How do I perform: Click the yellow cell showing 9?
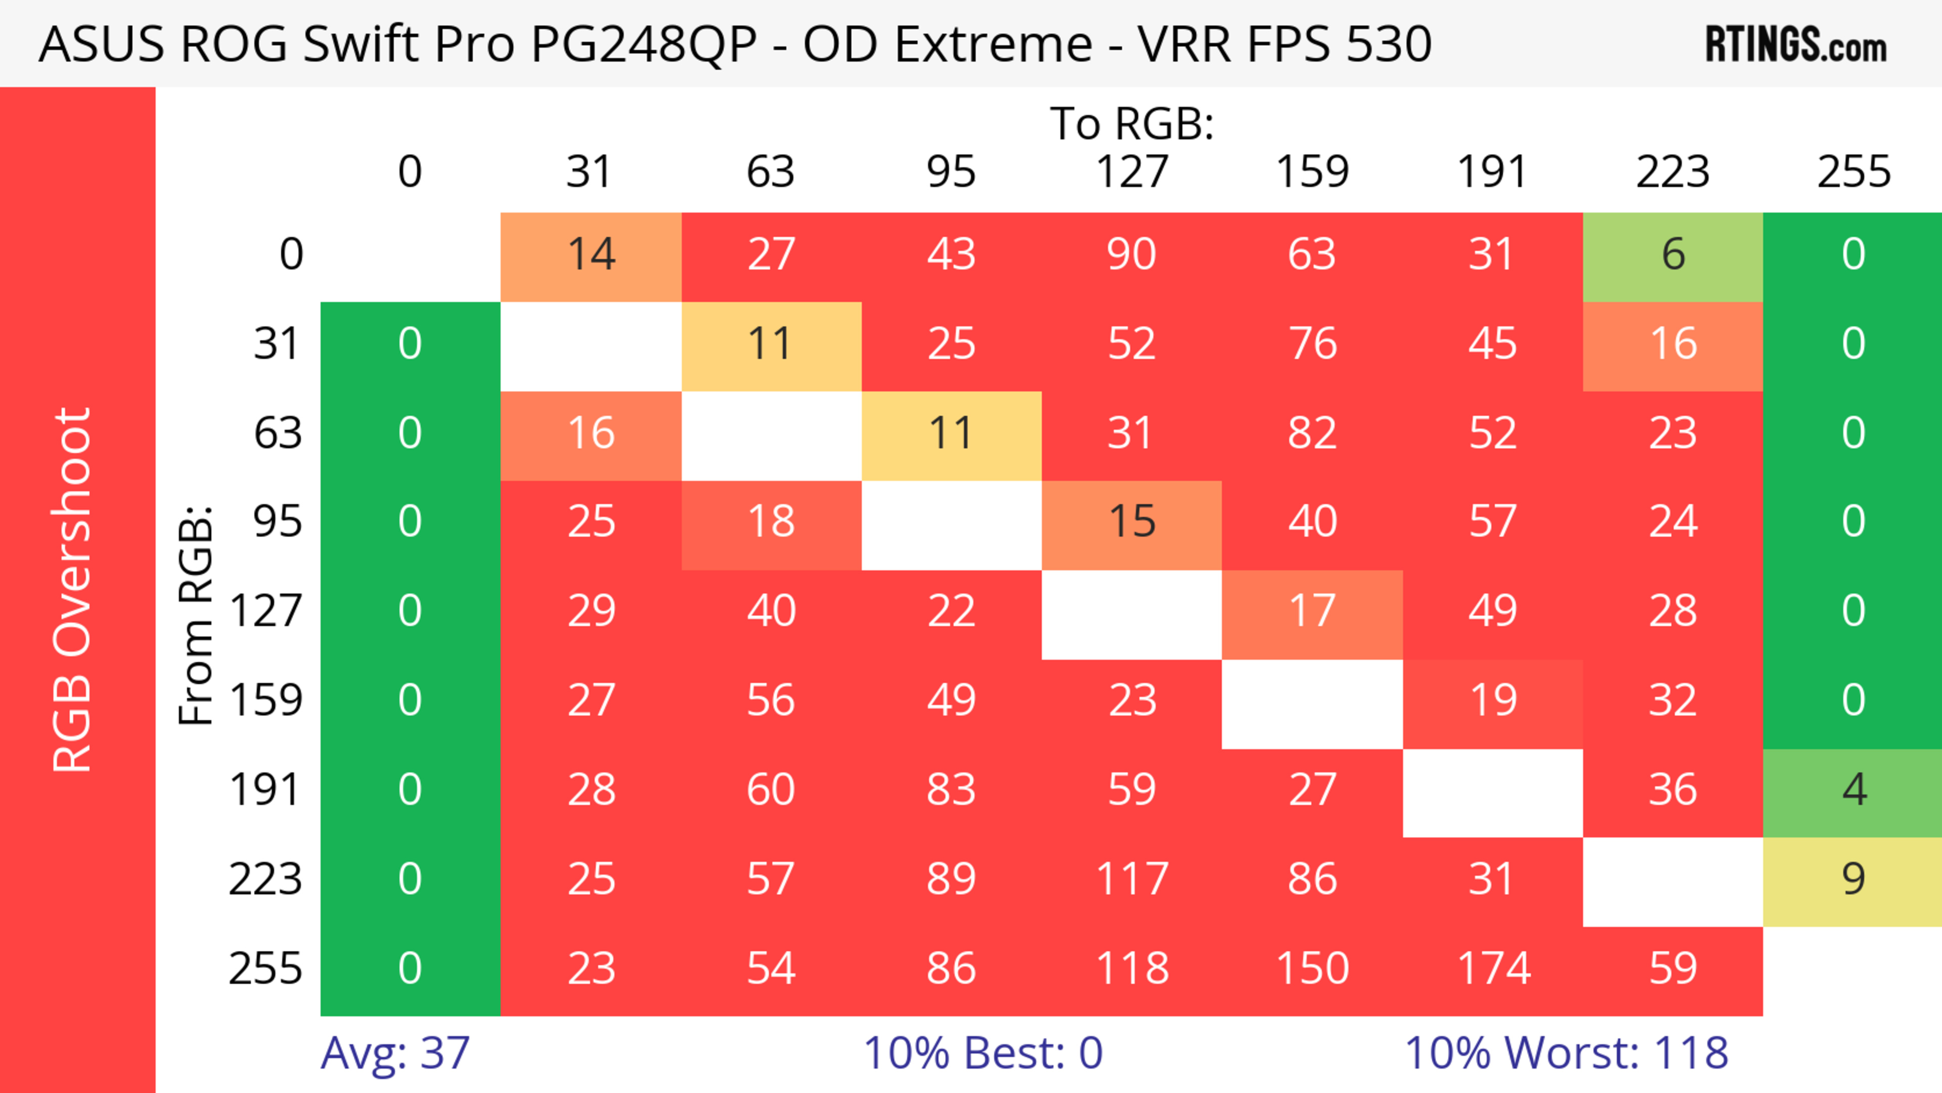pyautogui.click(x=1853, y=880)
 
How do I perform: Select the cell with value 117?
pyautogui.click(x=1132, y=880)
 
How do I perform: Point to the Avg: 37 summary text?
pyautogui.click(x=394, y=1053)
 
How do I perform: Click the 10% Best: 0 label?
pyautogui.click(x=982, y=1053)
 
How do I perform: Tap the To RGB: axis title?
pyautogui.click(x=1132, y=123)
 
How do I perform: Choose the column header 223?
pyautogui.click(x=1673, y=172)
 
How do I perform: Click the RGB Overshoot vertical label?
pyautogui.click(x=72, y=589)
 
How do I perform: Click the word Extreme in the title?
pyautogui.click(x=993, y=43)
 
